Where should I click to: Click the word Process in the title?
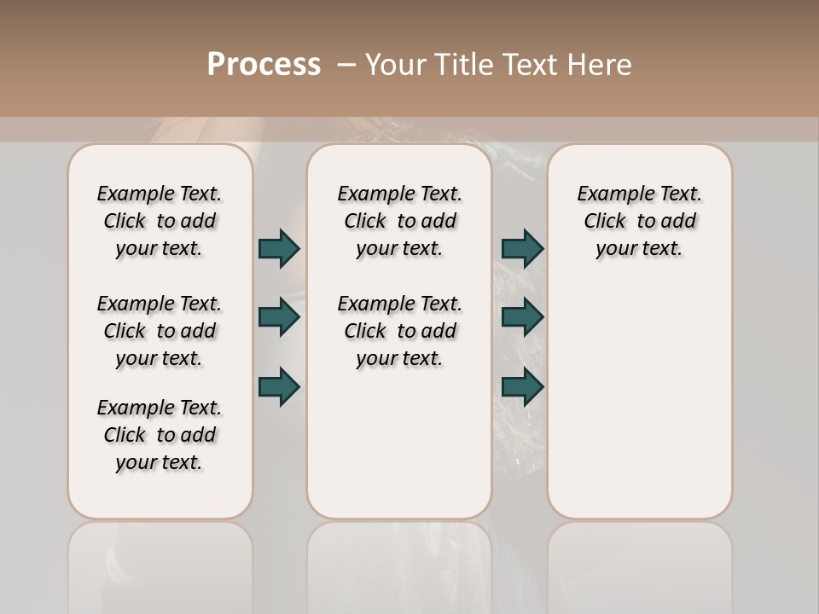point(264,65)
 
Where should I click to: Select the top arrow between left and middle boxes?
point(279,249)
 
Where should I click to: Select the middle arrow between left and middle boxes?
point(279,317)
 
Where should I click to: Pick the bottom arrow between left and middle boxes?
point(279,386)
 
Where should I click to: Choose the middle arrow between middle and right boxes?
point(522,317)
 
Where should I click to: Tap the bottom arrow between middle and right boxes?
point(522,386)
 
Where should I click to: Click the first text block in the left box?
point(160,221)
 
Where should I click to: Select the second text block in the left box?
point(160,331)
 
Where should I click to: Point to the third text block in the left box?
point(160,435)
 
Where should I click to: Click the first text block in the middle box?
point(399,221)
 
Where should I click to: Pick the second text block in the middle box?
point(399,331)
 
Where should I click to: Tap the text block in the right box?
point(639,221)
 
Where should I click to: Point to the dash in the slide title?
point(346,65)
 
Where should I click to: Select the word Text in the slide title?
point(533,65)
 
